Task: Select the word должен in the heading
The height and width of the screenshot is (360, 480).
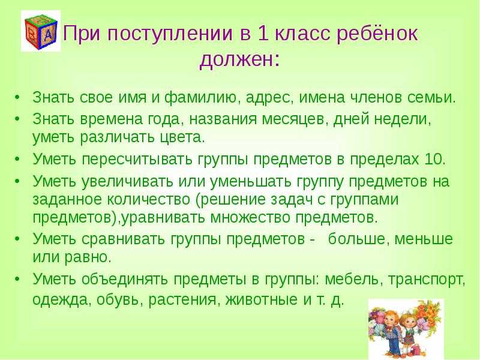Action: [x=236, y=59]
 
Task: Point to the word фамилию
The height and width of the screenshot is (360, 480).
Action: [x=203, y=98]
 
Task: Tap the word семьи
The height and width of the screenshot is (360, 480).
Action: [x=432, y=98]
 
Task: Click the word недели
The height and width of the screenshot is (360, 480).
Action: [x=403, y=119]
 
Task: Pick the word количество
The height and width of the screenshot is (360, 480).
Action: [x=148, y=200]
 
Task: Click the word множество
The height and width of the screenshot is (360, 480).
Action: [x=251, y=218]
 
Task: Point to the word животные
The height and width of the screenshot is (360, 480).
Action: [x=262, y=299]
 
